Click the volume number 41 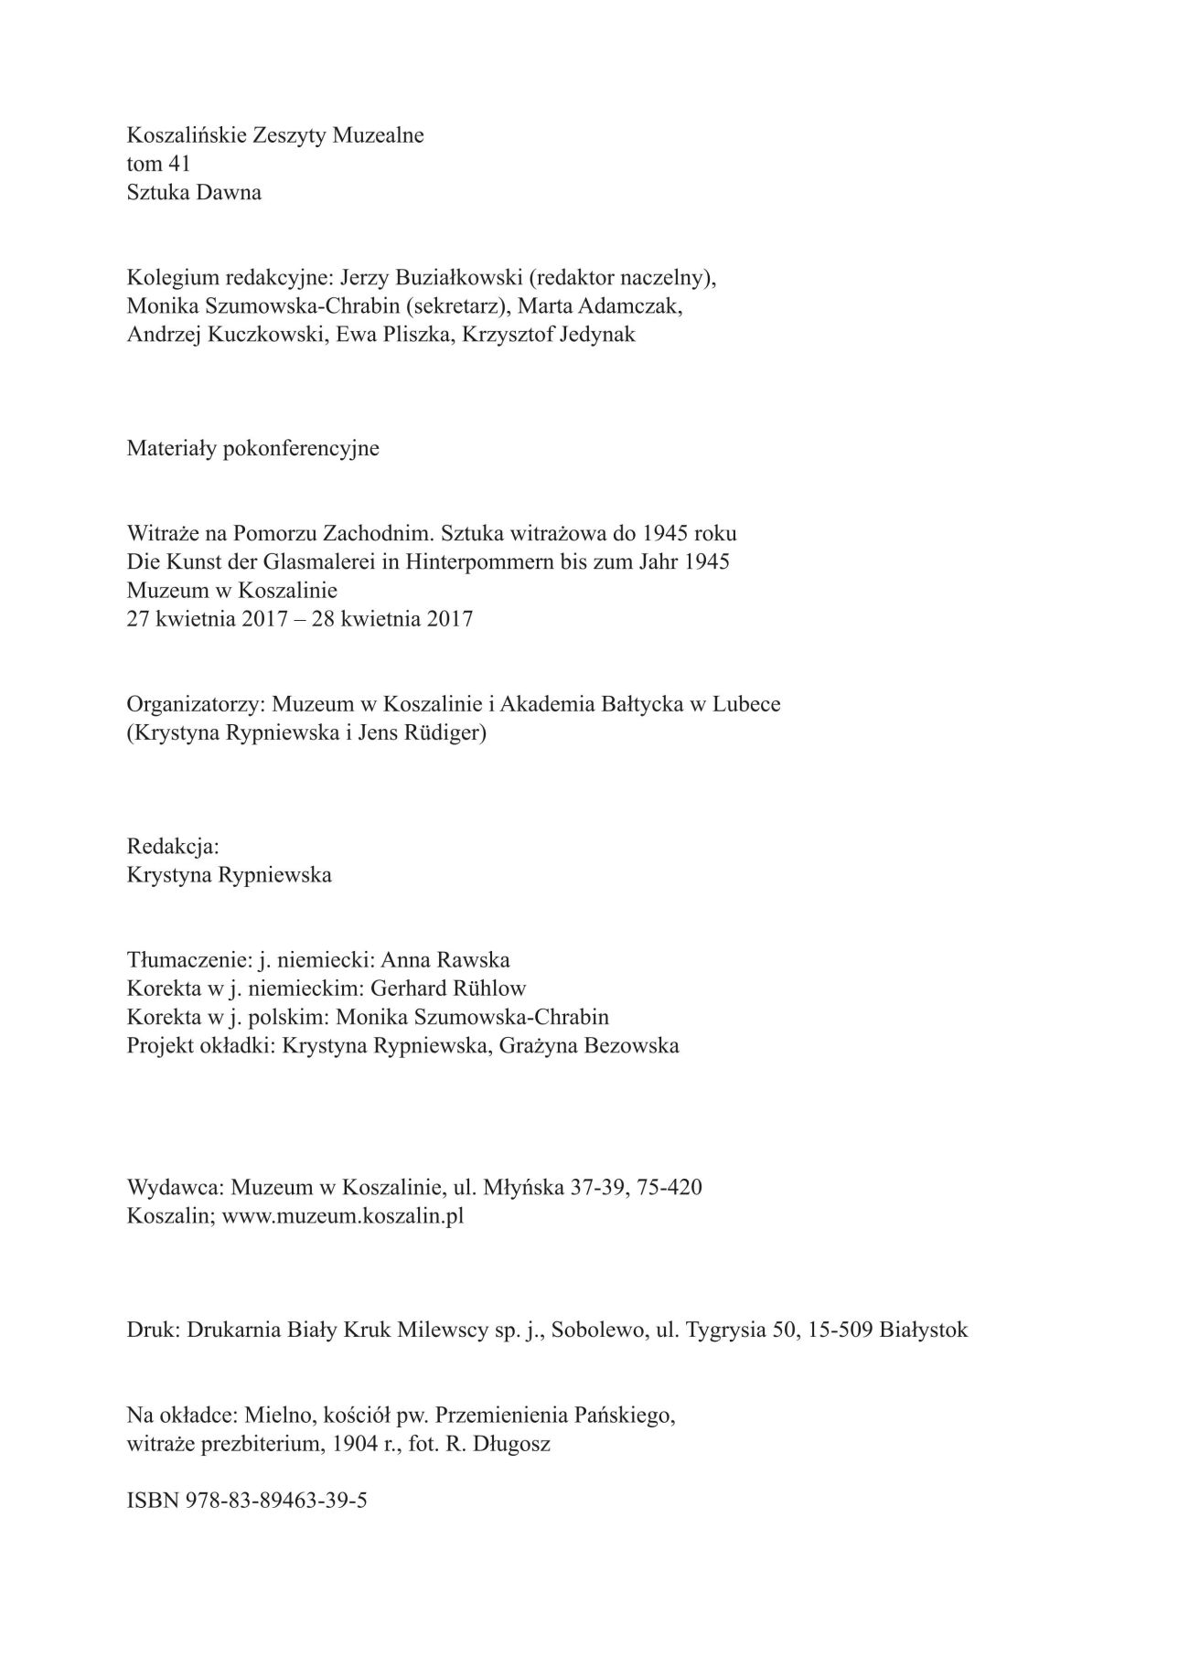click(178, 164)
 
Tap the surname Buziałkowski click(446, 277)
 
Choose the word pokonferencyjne click(301, 448)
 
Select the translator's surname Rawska click(477, 959)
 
